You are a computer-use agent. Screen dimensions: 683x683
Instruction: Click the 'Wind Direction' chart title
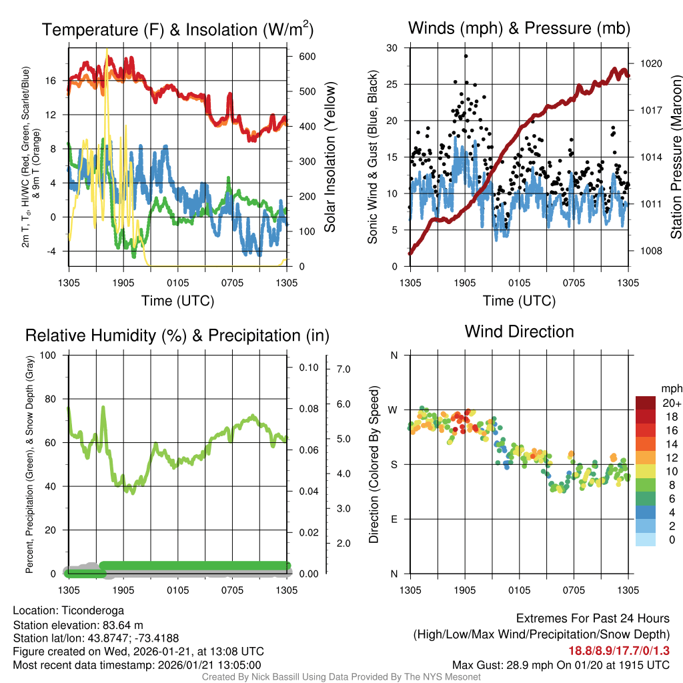(519, 331)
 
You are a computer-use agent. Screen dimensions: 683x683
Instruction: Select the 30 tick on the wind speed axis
(392, 48)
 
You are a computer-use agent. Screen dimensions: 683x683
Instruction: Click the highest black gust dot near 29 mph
(466, 56)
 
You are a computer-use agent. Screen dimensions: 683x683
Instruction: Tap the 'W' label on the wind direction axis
(394, 410)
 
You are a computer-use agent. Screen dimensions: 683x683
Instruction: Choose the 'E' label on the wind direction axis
(394, 519)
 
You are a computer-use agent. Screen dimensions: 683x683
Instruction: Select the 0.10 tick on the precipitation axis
(308, 368)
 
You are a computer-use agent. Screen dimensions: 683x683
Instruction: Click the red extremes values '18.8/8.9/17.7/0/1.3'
(619, 650)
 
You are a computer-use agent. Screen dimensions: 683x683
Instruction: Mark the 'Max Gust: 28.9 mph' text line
(561, 664)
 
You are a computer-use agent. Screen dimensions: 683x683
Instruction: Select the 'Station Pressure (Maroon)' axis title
(675, 157)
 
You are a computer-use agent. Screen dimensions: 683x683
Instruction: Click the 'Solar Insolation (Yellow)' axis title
(329, 157)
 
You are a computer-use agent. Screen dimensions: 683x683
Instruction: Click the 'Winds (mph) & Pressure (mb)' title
(519, 28)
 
